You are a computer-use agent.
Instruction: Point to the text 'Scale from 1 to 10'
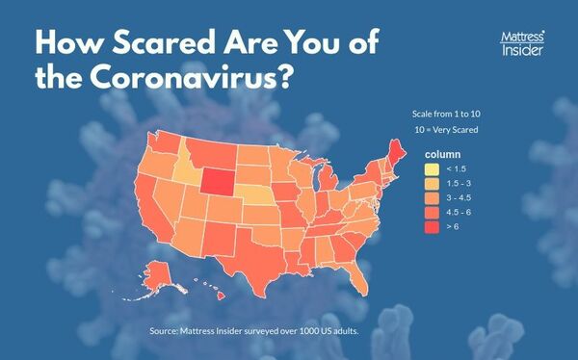coord(446,113)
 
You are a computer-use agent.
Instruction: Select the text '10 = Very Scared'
coord(446,130)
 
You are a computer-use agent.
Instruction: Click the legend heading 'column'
coord(444,153)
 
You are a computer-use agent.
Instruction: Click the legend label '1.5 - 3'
coord(457,183)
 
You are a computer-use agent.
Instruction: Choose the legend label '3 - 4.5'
coord(457,197)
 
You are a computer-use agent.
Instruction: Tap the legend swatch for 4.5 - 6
coord(430,212)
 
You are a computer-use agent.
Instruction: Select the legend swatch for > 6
coord(430,227)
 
